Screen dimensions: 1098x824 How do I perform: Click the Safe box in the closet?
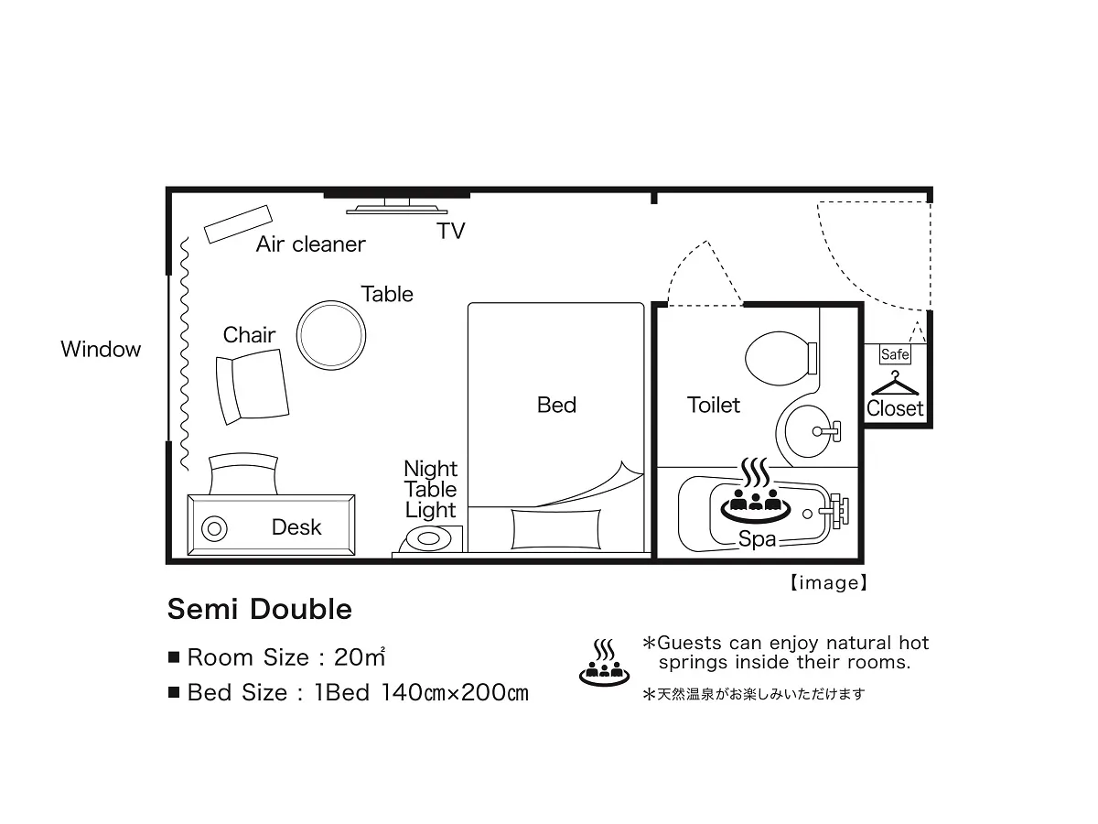[x=894, y=354]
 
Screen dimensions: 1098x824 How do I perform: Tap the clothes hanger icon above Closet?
[x=895, y=385]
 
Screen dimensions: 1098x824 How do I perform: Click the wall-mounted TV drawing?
[x=397, y=207]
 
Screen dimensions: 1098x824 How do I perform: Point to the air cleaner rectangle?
[x=238, y=224]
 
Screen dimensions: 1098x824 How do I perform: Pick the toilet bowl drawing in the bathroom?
[x=780, y=358]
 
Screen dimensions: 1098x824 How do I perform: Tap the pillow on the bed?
[x=555, y=529]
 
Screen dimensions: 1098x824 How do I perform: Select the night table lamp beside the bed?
[x=428, y=539]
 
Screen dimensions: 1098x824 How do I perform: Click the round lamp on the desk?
[x=214, y=529]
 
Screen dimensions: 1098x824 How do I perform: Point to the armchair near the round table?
[x=253, y=386]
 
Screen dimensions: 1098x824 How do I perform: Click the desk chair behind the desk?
[x=243, y=473]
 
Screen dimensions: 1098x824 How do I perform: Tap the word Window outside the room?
[x=101, y=349]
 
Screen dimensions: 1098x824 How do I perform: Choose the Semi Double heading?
[x=260, y=609]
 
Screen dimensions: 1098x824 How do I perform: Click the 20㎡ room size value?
[x=360, y=656]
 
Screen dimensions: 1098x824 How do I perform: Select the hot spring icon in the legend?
[x=604, y=662]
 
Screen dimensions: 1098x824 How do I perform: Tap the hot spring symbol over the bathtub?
[x=756, y=491]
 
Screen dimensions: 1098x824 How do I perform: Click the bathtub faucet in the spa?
[x=834, y=511]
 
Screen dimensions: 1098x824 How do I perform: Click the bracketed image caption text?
[x=828, y=583]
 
